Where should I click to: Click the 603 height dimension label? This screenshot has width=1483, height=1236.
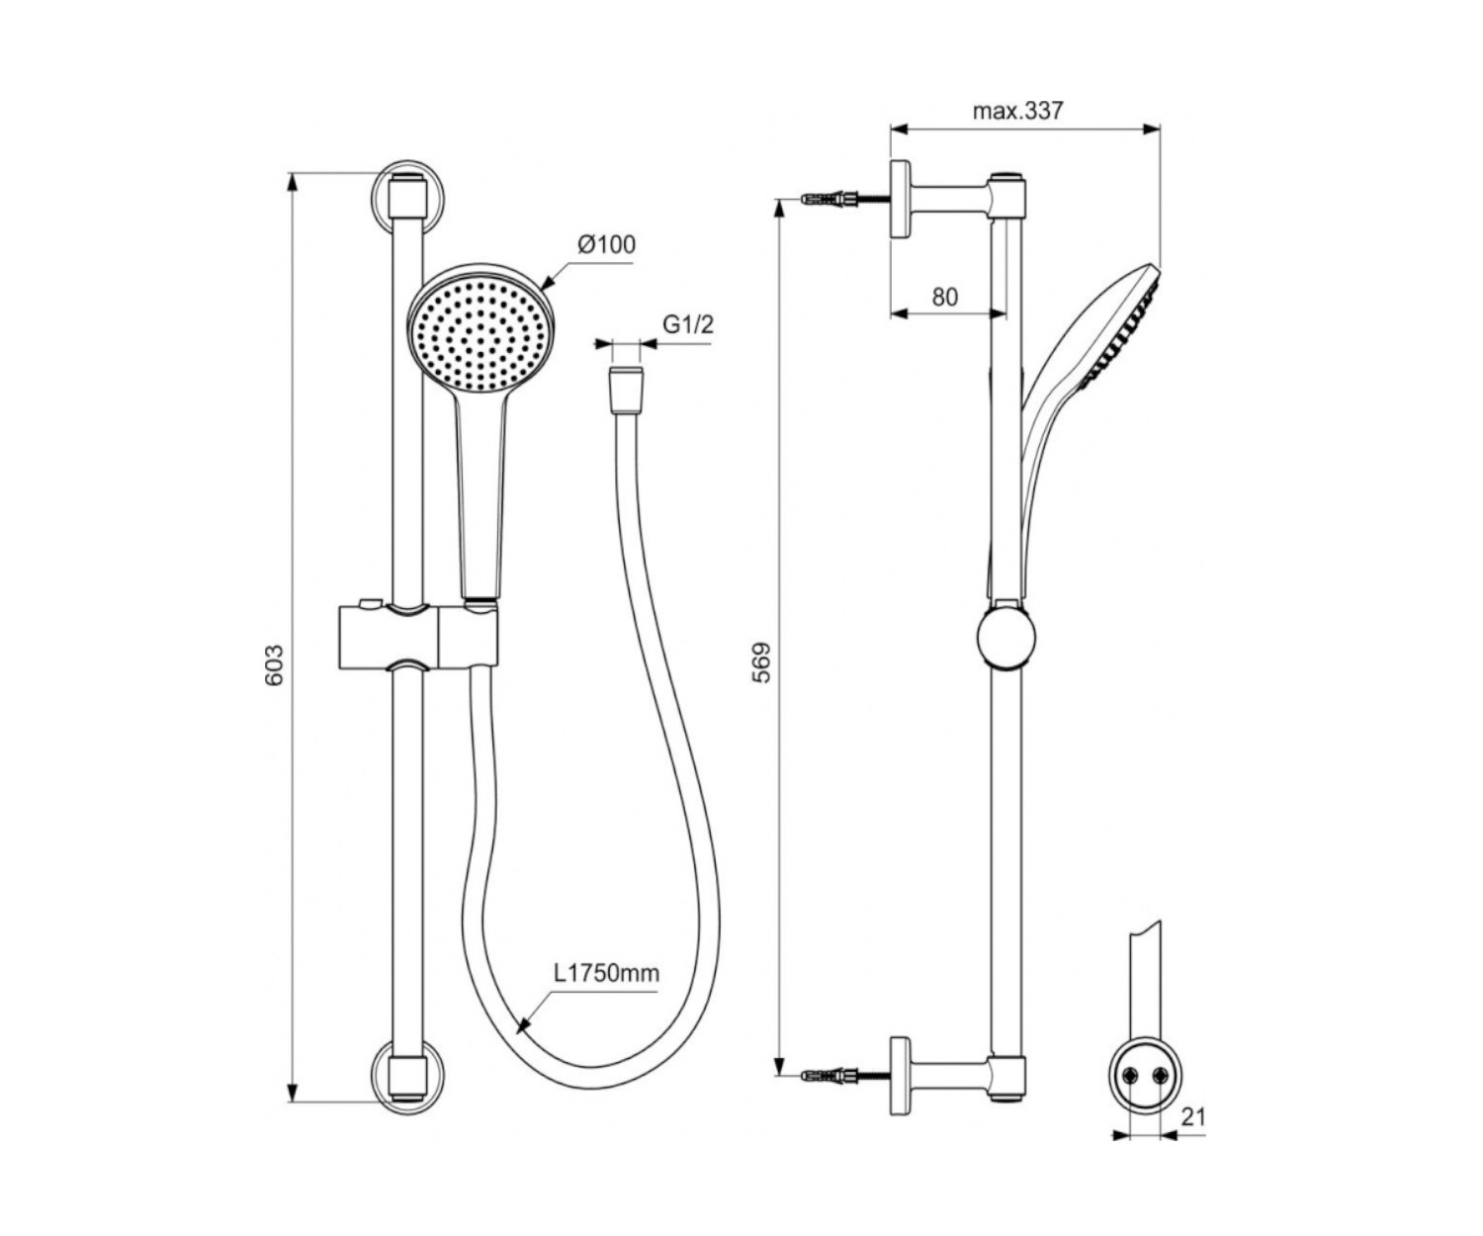[274, 664]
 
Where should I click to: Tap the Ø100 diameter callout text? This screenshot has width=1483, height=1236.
[607, 244]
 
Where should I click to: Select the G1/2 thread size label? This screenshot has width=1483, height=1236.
[687, 324]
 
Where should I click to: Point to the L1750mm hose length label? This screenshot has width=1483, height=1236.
[607, 972]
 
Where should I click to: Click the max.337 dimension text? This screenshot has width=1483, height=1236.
[1017, 111]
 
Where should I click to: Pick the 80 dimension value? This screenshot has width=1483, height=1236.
[944, 297]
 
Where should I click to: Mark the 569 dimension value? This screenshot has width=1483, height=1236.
[760, 662]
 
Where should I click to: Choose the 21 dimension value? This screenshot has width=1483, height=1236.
[1193, 1117]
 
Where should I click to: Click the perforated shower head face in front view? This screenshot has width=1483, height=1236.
[480, 335]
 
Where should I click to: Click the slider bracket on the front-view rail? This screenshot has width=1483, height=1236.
[418, 636]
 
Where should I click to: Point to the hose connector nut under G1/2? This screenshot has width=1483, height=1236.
[626, 391]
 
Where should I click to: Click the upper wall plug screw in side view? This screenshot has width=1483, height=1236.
[844, 198]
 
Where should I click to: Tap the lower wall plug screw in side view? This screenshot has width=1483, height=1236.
[844, 1076]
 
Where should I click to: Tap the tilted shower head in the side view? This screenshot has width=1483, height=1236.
[1080, 397]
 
